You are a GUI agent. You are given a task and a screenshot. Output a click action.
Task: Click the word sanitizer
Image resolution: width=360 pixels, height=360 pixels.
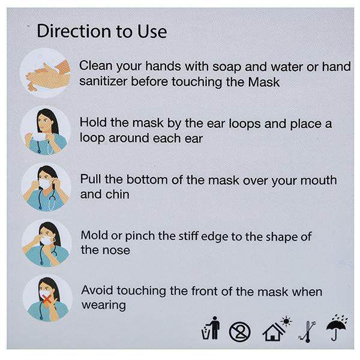pyautogui.click(x=103, y=82)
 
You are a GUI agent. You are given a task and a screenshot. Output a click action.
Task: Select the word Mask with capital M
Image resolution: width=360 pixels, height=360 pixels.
pyautogui.click(x=264, y=82)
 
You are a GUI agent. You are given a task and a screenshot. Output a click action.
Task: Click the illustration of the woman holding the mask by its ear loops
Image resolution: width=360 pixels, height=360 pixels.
pyautogui.click(x=46, y=130)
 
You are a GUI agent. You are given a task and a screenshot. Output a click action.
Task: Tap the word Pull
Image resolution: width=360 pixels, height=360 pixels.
pyautogui.click(x=91, y=179)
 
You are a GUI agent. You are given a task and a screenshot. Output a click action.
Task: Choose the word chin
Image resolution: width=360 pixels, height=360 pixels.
pyautogui.click(x=118, y=194)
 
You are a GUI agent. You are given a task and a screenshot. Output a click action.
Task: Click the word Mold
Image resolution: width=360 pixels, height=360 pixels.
pyautogui.click(x=94, y=235)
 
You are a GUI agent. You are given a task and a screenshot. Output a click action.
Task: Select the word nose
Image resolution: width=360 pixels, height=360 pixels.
pyautogui.click(x=116, y=250)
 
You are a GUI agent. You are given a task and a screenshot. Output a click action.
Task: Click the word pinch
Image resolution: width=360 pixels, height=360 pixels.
pyautogui.click(x=140, y=236)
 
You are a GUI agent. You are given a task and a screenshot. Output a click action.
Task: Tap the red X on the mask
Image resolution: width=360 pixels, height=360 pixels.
pyautogui.click(x=47, y=299)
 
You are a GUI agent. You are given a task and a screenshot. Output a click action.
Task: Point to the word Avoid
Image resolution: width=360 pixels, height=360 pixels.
pyautogui.click(x=97, y=290)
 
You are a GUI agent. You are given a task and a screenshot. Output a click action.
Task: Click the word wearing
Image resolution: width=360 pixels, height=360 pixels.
pyautogui.click(x=104, y=305)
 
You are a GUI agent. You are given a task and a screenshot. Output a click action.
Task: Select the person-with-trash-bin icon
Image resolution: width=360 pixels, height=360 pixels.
pyautogui.click(x=211, y=328)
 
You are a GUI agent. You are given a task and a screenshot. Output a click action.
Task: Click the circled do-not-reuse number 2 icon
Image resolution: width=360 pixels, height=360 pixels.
pyautogui.click(x=239, y=332)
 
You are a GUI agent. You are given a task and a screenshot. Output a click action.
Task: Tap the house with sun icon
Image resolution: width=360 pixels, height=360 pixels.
pyautogui.click(x=277, y=329)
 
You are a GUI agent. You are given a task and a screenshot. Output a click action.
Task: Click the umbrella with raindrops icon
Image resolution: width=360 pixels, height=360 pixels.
pyautogui.click(x=337, y=328)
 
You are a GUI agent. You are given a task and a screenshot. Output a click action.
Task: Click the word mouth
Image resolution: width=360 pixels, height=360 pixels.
pyautogui.click(x=319, y=180)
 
